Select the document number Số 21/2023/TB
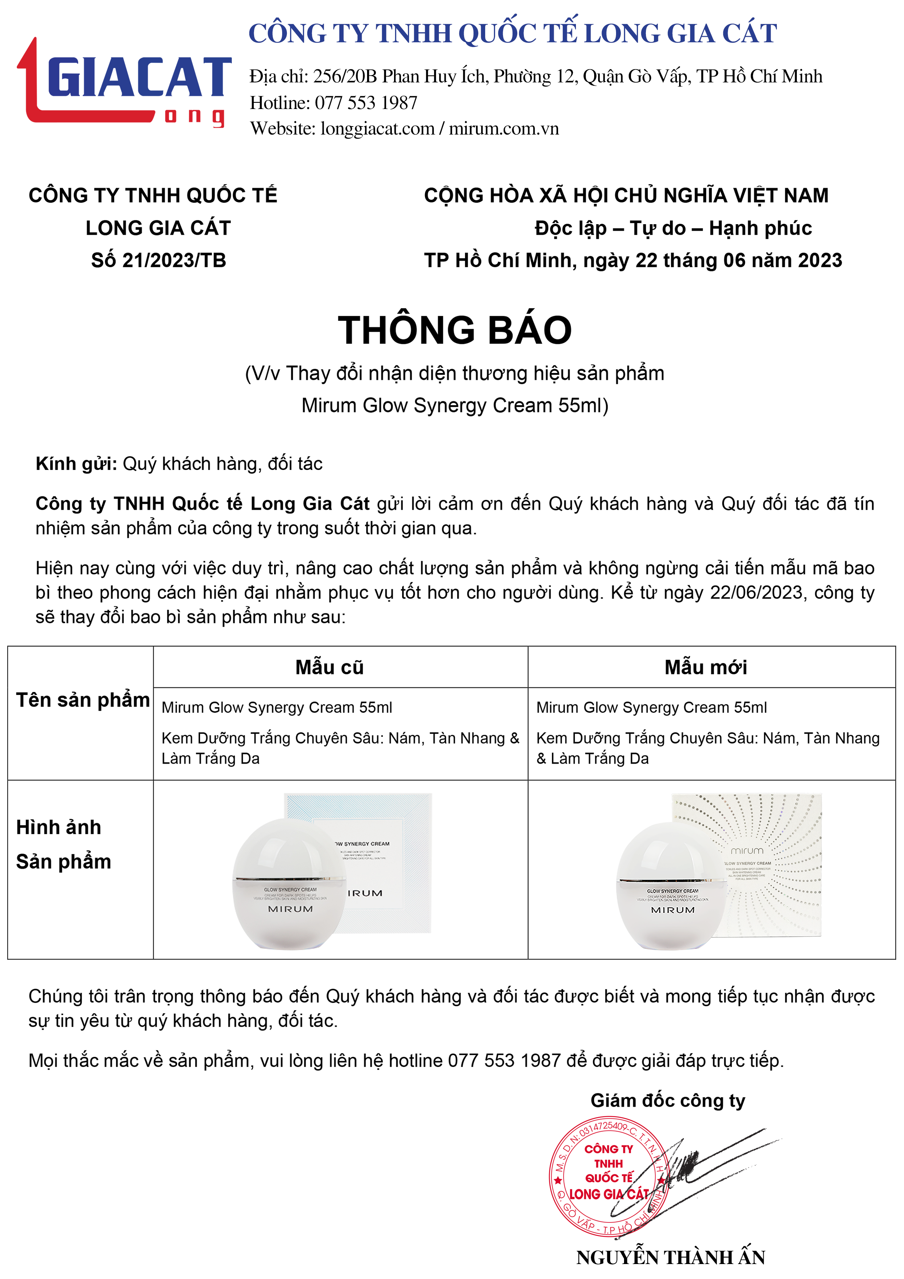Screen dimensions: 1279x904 click(x=159, y=260)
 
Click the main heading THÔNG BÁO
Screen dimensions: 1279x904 click(x=455, y=330)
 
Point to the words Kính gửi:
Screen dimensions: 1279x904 click(x=76, y=463)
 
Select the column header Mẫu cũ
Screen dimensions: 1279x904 click(x=329, y=667)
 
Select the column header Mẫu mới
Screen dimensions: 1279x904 click(x=706, y=667)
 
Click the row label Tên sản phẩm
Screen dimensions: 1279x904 click(x=82, y=700)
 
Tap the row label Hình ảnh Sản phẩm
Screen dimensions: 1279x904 click(x=63, y=844)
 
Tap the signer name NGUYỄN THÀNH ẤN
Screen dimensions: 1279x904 click(x=671, y=1257)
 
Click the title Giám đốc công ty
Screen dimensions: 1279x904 click(x=667, y=1101)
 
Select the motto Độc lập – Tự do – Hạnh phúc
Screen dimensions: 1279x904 click(x=673, y=228)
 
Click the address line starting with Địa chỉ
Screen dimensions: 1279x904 click(x=535, y=76)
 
